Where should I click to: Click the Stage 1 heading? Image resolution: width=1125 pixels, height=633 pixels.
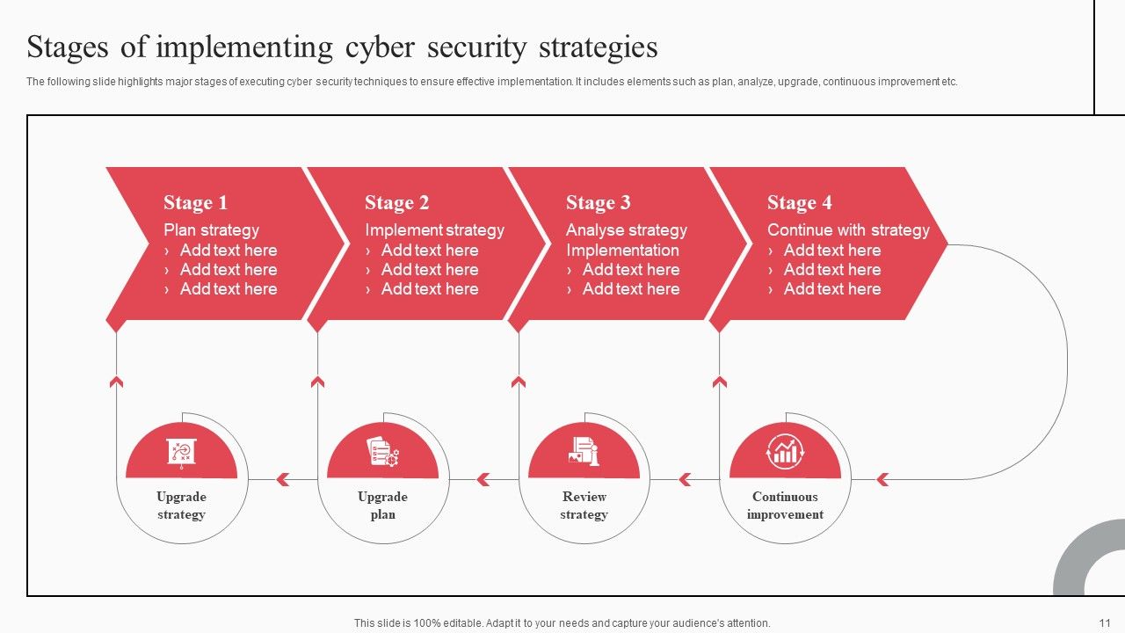195,202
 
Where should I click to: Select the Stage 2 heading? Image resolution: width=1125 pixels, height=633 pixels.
396,202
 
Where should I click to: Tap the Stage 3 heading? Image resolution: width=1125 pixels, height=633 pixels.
599,202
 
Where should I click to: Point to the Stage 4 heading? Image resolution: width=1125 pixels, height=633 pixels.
800,202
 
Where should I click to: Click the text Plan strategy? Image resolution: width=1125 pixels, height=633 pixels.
211,230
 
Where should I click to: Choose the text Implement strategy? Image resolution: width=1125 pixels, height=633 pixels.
434,230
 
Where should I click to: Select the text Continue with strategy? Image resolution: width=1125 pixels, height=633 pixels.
848,230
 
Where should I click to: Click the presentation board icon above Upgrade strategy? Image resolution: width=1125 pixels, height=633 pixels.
181,454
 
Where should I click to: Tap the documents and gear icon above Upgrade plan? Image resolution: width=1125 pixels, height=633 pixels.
382,452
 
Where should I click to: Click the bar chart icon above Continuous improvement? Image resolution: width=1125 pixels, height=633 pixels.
785,451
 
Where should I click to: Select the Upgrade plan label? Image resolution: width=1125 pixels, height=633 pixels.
382,506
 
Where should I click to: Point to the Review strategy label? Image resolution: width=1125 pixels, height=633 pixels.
584,506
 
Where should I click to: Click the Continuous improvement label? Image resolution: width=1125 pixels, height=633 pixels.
785,506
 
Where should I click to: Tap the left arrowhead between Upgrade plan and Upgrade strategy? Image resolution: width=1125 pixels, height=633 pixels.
283,480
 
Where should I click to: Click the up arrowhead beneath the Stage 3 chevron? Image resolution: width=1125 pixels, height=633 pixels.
519,382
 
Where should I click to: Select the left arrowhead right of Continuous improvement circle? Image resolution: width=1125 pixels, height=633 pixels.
882,480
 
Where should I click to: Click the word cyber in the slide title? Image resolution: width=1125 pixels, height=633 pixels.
381,48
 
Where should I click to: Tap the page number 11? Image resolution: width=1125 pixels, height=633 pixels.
1105,623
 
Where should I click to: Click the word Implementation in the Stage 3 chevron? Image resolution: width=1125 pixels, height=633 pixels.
622,251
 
